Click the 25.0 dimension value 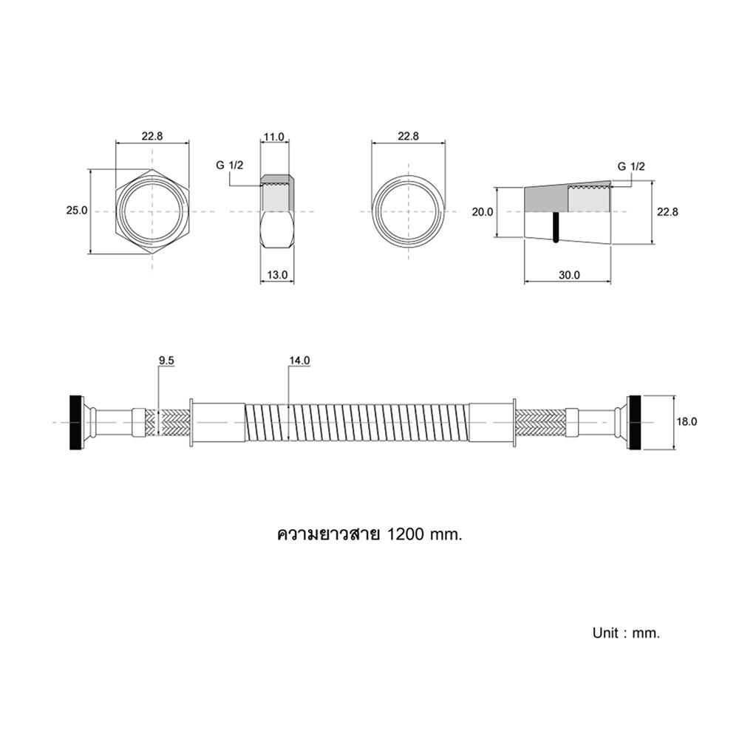[77, 210]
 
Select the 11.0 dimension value [274, 137]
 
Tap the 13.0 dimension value [277, 275]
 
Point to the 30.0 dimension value [569, 275]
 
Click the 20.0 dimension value [483, 212]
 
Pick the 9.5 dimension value [166, 361]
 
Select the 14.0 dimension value [300, 361]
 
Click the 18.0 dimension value [687, 422]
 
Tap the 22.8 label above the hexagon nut [152, 136]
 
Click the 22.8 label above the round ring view [408, 136]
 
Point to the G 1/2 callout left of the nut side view [230, 165]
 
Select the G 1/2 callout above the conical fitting [631, 166]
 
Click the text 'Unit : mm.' [627, 633]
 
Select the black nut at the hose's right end [634, 422]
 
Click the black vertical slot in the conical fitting [556, 227]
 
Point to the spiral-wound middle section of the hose [357, 422]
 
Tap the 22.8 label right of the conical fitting [668, 212]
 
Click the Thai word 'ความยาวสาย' [329, 534]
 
